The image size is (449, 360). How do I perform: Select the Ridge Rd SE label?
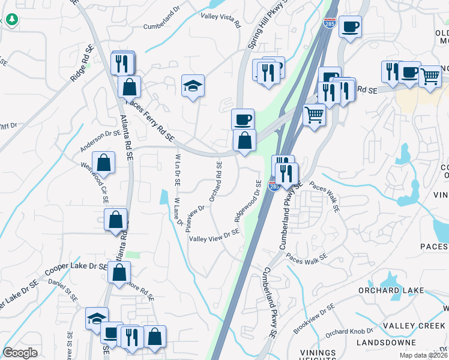[x=83, y=64]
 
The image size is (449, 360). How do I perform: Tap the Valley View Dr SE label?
[x=215, y=238]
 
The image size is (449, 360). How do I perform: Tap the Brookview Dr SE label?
[x=313, y=319]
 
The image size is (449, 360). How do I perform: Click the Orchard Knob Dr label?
[x=346, y=331]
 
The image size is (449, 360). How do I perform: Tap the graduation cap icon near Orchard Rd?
[x=193, y=86]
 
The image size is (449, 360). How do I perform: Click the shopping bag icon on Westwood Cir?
[x=104, y=162]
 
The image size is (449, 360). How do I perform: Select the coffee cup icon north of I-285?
[x=350, y=26]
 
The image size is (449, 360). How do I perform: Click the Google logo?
[x=20, y=353]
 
